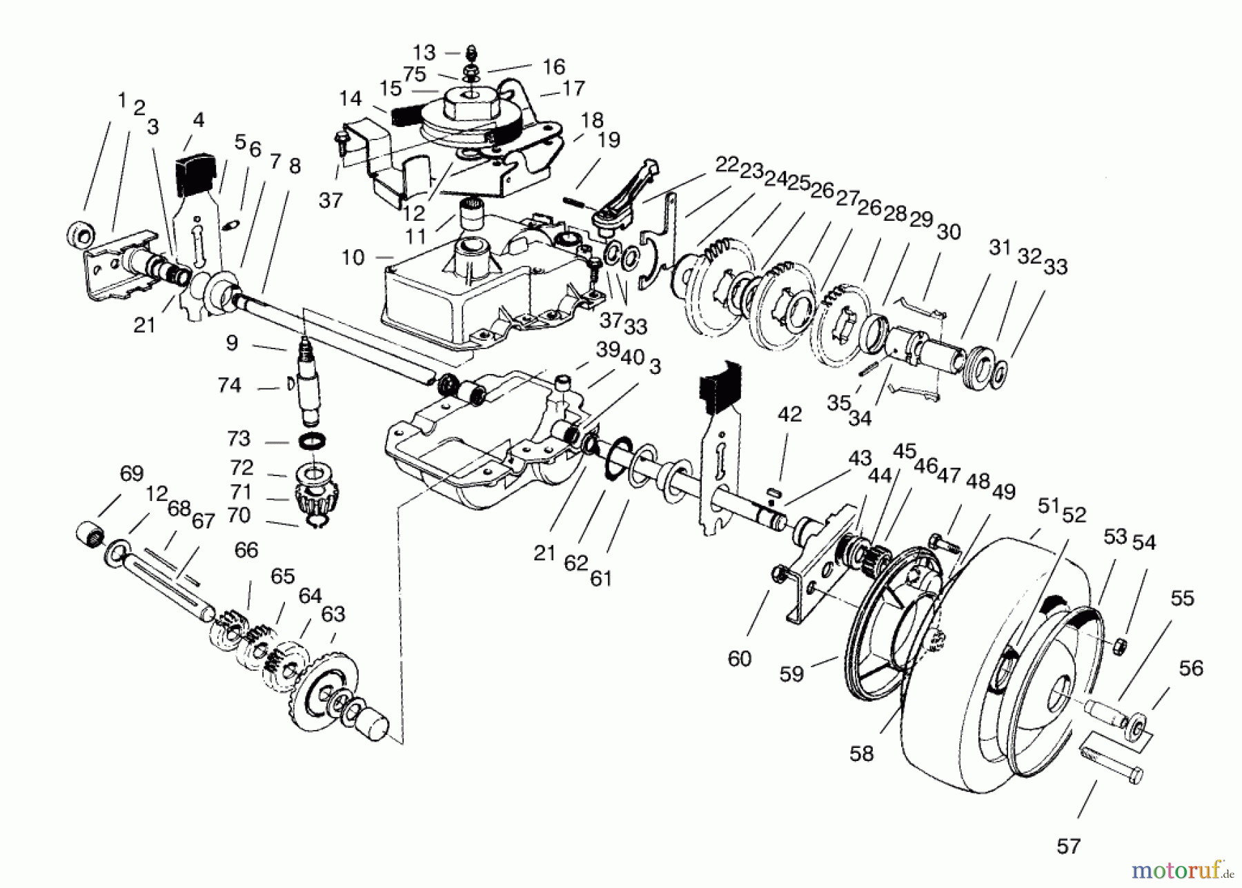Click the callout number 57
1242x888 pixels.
click(x=1068, y=846)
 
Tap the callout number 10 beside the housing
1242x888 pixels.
click(x=353, y=257)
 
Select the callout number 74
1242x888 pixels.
click(x=229, y=385)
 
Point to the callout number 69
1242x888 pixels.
click(x=131, y=473)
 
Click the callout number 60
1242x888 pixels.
click(x=739, y=658)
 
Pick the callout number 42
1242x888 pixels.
click(x=789, y=414)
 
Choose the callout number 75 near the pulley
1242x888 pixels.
click(x=414, y=74)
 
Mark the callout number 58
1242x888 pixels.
click(x=861, y=753)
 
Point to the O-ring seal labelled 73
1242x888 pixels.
click(x=313, y=440)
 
